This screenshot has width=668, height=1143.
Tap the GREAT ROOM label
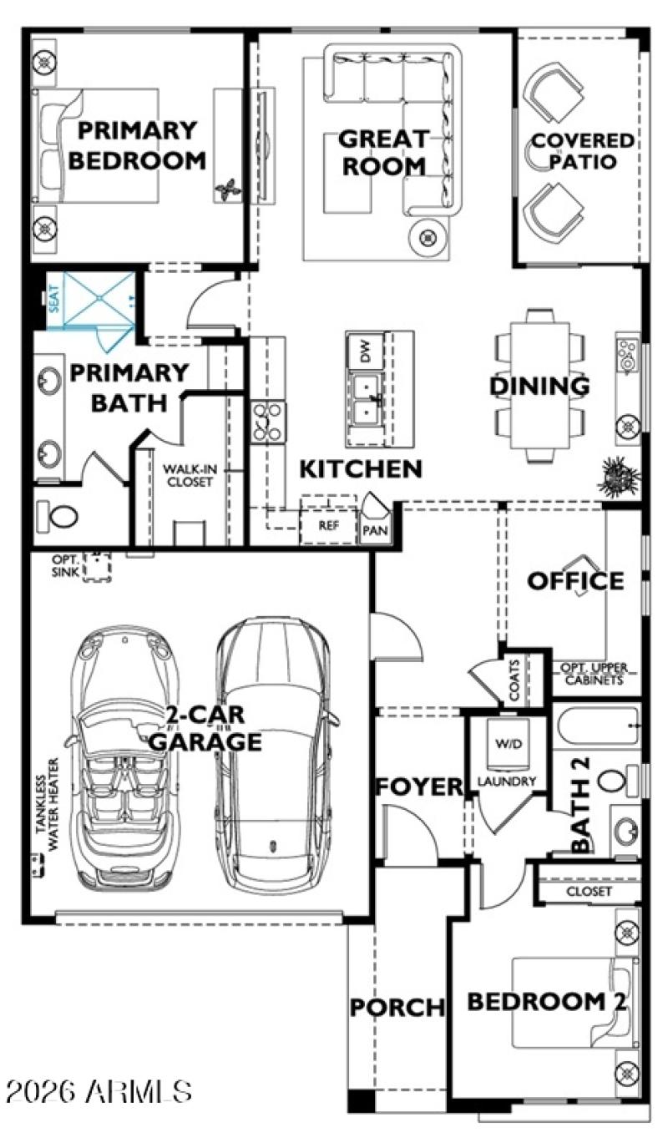click(x=384, y=151)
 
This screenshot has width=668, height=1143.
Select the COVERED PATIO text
click(x=582, y=151)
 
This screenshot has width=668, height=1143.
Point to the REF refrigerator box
click(x=327, y=526)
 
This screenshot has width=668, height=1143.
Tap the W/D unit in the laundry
click(x=505, y=742)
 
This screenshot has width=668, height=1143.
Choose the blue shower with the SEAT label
click(x=92, y=301)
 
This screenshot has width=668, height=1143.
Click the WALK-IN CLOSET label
click(x=188, y=476)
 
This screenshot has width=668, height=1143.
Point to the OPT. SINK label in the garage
click(x=65, y=564)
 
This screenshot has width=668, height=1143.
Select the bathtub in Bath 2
click(x=598, y=726)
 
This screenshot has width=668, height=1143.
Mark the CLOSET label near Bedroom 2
click(x=589, y=891)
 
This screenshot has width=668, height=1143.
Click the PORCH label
click(x=397, y=1007)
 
